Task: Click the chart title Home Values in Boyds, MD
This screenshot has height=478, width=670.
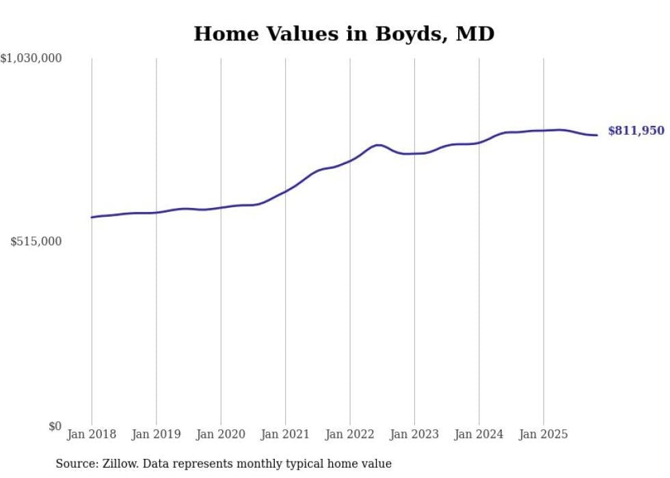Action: (344, 34)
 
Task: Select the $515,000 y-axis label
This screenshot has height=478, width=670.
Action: (36, 241)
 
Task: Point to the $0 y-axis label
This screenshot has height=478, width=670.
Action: (55, 426)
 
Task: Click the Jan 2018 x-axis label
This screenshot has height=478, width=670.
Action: (92, 434)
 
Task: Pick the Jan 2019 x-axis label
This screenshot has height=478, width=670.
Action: (157, 434)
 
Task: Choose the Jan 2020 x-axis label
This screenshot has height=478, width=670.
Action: (221, 434)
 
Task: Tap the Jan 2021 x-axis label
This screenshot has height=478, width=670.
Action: (285, 434)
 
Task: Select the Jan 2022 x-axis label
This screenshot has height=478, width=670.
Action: (350, 434)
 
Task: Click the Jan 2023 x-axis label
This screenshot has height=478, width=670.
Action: (414, 434)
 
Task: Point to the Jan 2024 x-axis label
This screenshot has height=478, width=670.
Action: (479, 434)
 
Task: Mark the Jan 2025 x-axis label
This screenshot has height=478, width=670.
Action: (544, 434)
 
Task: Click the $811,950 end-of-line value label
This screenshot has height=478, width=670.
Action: (636, 131)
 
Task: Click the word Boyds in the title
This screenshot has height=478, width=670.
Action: (407, 34)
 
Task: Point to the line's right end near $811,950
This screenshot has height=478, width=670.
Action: (597, 135)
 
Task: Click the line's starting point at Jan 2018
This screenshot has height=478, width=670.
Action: (92, 217)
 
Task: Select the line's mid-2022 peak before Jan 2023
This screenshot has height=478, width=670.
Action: (377, 145)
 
